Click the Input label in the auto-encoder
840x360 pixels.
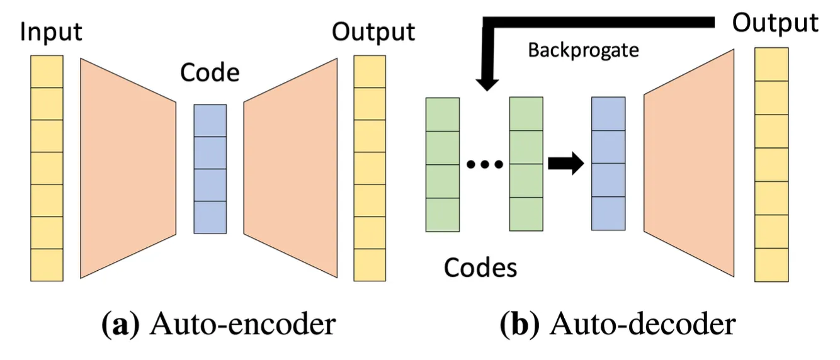pyautogui.click(x=51, y=31)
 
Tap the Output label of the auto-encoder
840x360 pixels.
pyautogui.click(x=373, y=31)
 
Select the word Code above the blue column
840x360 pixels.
pyautogui.click(x=210, y=73)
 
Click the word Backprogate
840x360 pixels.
pyautogui.click(x=583, y=50)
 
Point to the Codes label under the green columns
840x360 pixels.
pyautogui.click(x=480, y=268)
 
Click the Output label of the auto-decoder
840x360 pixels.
pyautogui.click(x=775, y=23)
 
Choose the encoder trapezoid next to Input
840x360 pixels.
pyautogui.click(x=128, y=167)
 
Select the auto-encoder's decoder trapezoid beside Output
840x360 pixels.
pyautogui.click(x=290, y=167)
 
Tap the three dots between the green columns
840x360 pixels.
pyautogui.click(x=484, y=165)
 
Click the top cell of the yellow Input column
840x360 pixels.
pyautogui.click(x=47, y=71)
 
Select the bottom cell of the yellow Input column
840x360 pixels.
pyautogui.click(x=47, y=264)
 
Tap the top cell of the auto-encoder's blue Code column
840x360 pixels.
pyautogui.click(x=210, y=120)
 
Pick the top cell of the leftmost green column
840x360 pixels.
pyautogui.click(x=443, y=115)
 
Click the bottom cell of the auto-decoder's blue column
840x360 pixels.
pyautogui.click(x=608, y=213)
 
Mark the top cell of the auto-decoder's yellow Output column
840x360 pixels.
pyautogui.click(x=771, y=64)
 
